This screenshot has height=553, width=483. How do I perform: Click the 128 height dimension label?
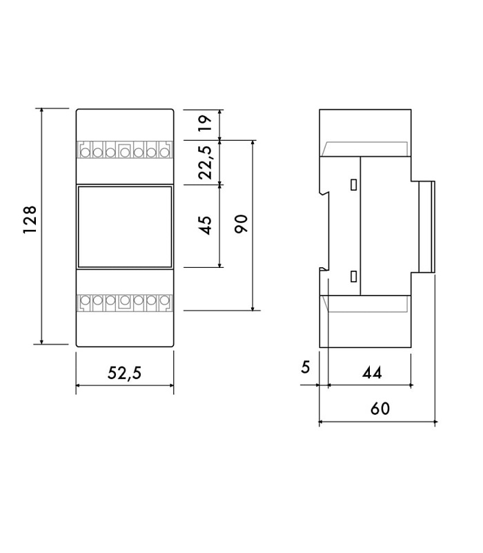click(30, 220)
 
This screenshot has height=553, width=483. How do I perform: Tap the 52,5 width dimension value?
click(124, 373)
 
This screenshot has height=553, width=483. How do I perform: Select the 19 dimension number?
click(205, 123)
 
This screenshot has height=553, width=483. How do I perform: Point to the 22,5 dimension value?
click(206, 162)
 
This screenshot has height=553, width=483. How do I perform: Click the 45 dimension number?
click(205, 225)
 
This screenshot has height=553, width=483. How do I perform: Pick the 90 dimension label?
click(241, 224)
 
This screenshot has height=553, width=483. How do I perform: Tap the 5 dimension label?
click(305, 367)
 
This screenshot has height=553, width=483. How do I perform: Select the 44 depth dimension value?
click(372, 373)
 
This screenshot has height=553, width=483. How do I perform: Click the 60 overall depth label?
click(380, 409)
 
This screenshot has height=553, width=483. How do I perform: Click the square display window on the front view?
click(125, 226)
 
